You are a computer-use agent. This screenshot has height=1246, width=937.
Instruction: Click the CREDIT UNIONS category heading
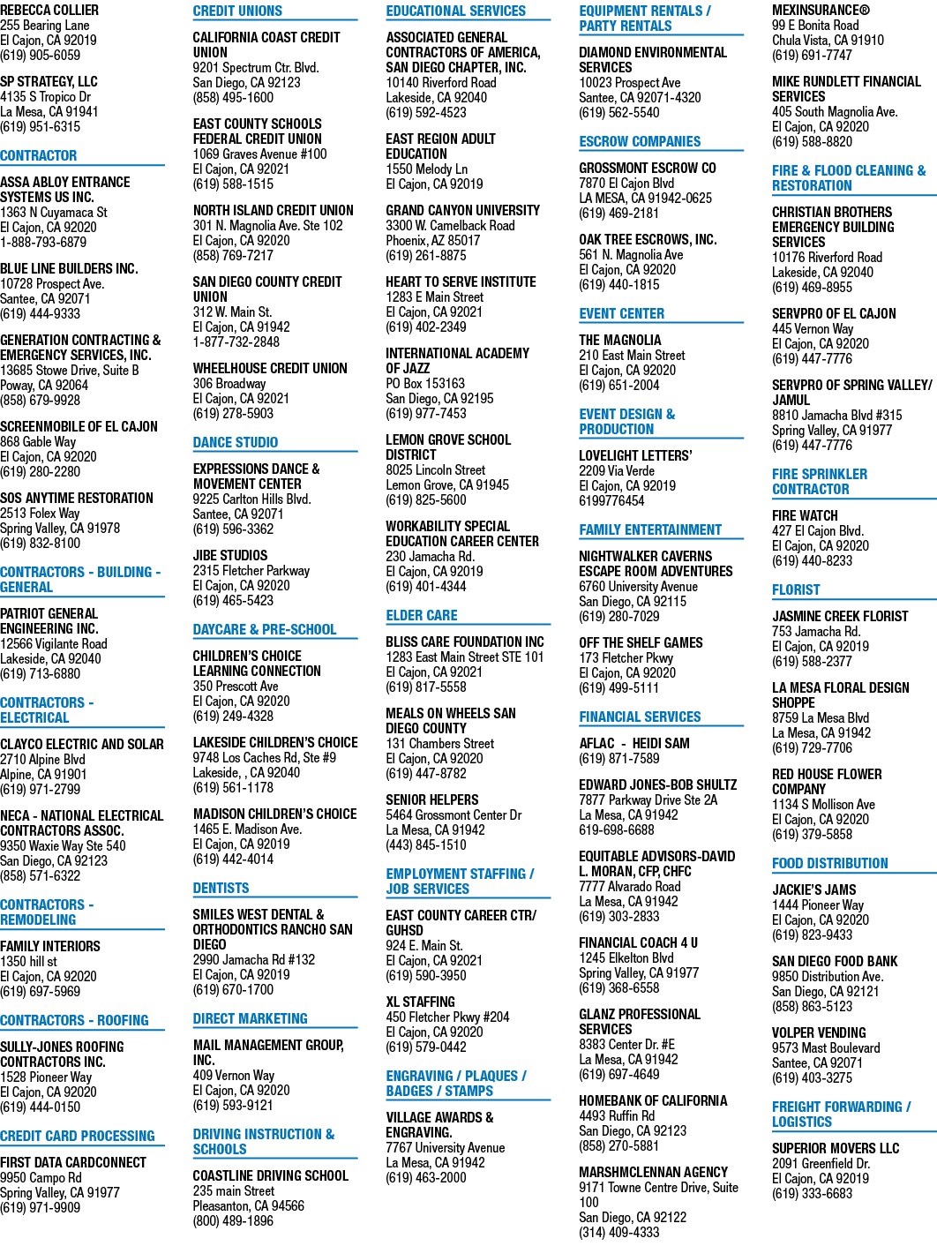coord(237,11)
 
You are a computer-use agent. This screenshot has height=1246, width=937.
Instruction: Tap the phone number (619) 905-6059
coord(41,55)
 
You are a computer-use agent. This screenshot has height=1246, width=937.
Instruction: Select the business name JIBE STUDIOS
coord(230,555)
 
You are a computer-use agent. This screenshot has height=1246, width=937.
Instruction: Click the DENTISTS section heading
coord(221,888)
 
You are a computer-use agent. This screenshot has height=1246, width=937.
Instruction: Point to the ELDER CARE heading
coord(422,615)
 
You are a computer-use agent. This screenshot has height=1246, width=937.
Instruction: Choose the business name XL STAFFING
coord(421,1002)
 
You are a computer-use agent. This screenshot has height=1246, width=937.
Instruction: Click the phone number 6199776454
coord(611,500)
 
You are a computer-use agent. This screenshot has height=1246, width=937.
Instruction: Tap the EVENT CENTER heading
coord(621,313)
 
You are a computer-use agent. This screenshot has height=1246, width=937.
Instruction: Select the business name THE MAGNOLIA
coord(619,340)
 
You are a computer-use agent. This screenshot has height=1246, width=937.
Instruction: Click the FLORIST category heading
coord(796,589)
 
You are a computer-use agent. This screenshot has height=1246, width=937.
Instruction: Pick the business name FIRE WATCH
coord(805,515)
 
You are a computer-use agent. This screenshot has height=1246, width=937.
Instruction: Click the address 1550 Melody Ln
coord(427,169)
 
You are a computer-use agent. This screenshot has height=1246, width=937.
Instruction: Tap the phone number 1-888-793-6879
coord(43,242)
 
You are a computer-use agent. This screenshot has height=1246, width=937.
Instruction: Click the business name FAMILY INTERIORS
coord(50,946)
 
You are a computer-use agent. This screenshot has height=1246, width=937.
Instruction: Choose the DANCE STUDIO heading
coord(236,442)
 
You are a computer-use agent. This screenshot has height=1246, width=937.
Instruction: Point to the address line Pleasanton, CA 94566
coord(249,1205)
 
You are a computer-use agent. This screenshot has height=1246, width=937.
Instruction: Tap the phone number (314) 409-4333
coord(619,1232)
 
